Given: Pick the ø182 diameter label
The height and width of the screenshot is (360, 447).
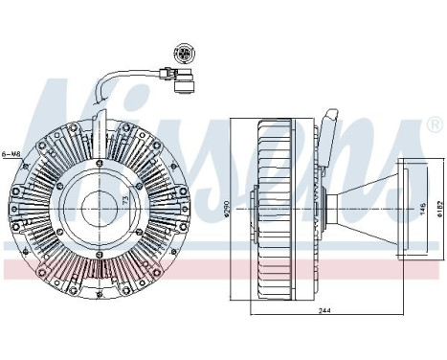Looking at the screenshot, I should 436,209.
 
